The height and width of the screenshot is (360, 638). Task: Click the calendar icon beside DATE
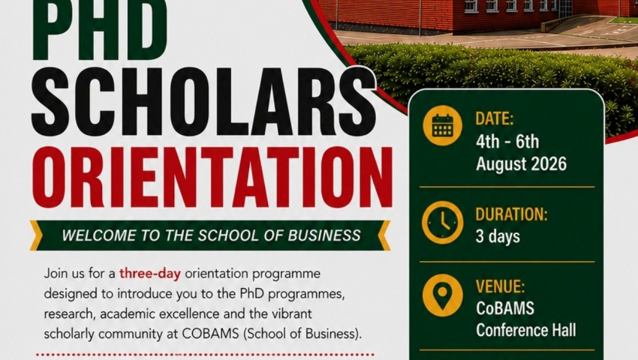tap(442, 125)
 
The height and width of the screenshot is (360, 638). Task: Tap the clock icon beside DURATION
tap(442, 223)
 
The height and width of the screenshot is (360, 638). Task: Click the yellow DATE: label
tap(495, 118)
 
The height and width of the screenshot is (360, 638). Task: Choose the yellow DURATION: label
tap(511, 214)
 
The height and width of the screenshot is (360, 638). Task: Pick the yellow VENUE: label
tap(500, 286)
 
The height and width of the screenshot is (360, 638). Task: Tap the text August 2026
tap(521, 163)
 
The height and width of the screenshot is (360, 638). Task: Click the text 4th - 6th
tap(507, 142)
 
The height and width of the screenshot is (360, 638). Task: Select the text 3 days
tap(498, 236)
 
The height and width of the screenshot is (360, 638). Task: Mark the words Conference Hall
tap(526, 330)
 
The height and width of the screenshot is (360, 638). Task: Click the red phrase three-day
tap(149, 273)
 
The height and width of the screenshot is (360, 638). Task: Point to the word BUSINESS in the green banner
tap(324, 235)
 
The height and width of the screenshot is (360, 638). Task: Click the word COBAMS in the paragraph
tap(210, 334)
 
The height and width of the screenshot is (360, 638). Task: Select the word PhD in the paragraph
tap(251, 293)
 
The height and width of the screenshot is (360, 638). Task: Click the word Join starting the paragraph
tap(56, 273)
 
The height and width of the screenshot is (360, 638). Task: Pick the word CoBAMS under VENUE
tap(505, 308)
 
